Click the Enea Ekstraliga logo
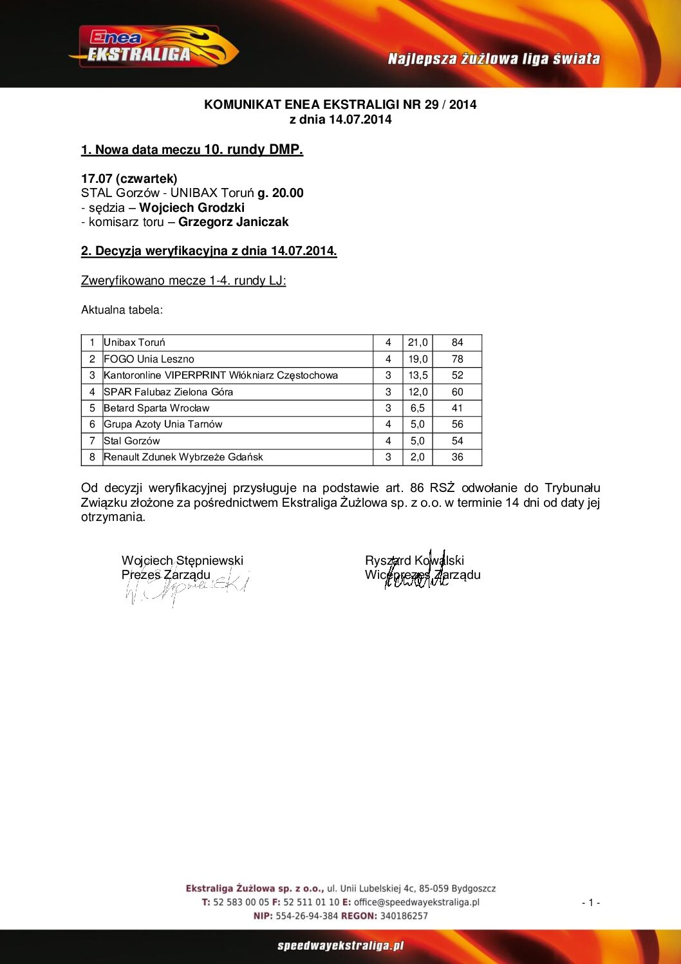pyautogui.click(x=153, y=47)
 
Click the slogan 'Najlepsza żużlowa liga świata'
pyautogui.click(x=494, y=59)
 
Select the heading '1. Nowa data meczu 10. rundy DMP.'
pyautogui.click(x=192, y=150)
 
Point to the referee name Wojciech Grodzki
pyautogui.click(x=192, y=207)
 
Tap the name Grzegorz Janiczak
pyautogui.click(x=234, y=222)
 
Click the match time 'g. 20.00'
pyautogui.click(x=281, y=193)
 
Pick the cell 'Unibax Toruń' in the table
pyautogui.click(x=135, y=343)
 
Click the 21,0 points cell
pyautogui.click(x=418, y=343)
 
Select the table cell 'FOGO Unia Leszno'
pyautogui.click(x=149, y=359)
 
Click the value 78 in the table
pyautogui.click(x=457, y=359)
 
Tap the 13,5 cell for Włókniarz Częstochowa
pyautogui.click(x=418, y=375)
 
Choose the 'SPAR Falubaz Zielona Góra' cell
pyautogui.click(x=169, y=392)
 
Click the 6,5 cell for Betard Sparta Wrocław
pyautogui.click(x=418, y=408)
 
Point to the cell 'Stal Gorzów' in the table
pyautogui.click(x=132, y=441)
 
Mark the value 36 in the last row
pyautogui.click(x=457, y=457)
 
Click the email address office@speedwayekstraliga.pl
pyautogui.click(x=416, y=902)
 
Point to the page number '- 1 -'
pyautogui.click(x=591, y=903)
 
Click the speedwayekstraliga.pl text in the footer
pyautogui.click(x=340, y=946)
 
